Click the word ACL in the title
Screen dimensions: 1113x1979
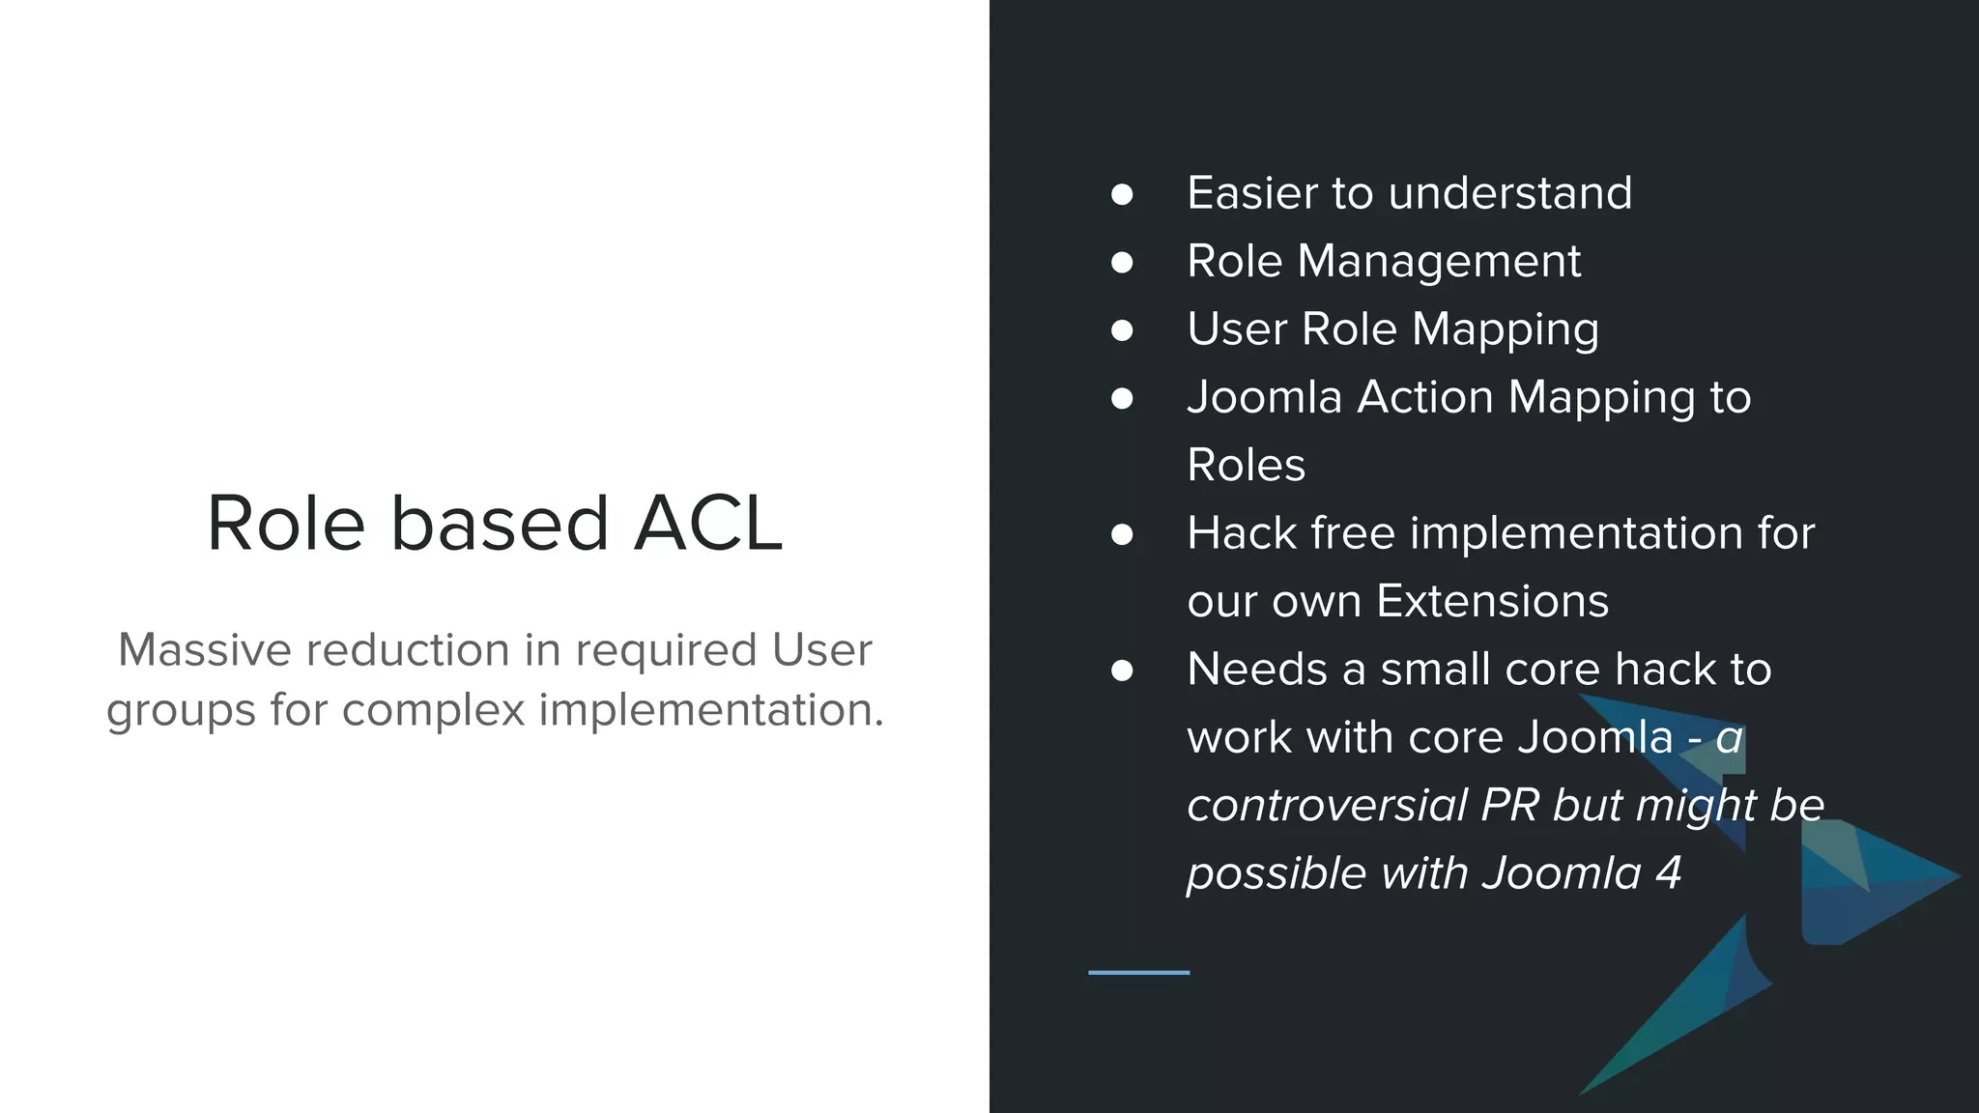pos(707,524)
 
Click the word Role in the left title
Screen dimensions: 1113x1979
pos(285,524)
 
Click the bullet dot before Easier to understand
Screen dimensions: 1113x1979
pos(1122,194)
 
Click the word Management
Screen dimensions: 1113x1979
pos(1439,262)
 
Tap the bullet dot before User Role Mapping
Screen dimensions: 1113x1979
pos(1122,330)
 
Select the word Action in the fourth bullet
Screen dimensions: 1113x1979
pos(1425,397)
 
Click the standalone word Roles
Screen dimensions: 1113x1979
pos(1246,466)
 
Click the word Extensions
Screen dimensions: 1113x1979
pos(1492,601)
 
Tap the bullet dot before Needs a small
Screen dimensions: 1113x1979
pos(1122,671)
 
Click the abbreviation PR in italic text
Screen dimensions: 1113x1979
pos(1510,806)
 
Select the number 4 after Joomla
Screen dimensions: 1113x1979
pos(1669,873)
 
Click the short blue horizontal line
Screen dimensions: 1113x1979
pos(1138,972)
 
